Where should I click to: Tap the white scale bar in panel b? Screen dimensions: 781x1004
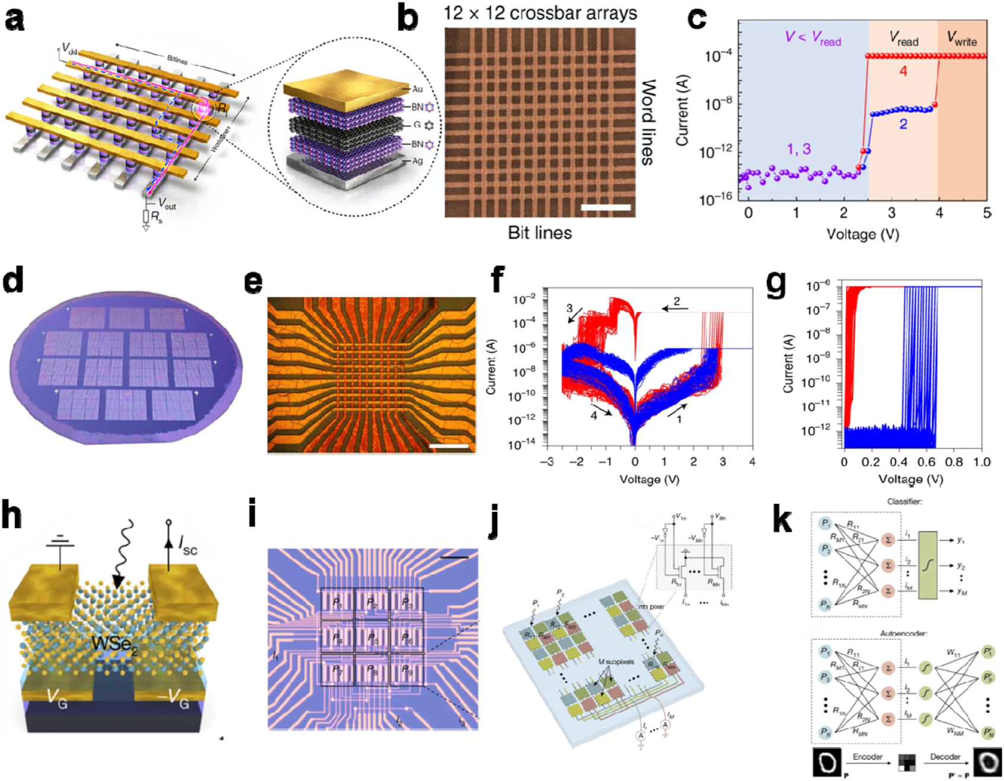[x=605, y=207]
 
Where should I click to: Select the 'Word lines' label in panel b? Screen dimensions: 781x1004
[x=649, y=122]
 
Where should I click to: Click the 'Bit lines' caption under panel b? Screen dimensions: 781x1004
[x=539, y=233]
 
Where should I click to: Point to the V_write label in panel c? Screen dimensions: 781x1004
[x=961, y=39]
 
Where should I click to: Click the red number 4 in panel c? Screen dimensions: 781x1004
[x=903, y=71]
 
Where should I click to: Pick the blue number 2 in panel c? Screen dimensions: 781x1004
[x=903, y=124]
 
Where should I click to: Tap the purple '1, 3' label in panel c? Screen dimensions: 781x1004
[x=798, y=149]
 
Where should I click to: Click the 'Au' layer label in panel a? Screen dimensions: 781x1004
[x=417, y=89]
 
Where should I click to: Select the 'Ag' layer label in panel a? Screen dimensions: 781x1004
[x=417, y=161]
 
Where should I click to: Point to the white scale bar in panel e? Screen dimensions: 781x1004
[x=449, y=446]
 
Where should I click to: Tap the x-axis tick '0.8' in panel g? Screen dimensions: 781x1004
[x=954, y=462]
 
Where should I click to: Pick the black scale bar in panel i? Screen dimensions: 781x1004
[x=454, y=557]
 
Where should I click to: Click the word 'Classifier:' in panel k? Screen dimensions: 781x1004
[x=904, y=502]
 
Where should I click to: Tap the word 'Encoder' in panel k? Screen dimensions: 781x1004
[x=867, y=757]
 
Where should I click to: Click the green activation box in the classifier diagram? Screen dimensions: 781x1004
[x=928, y=565]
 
